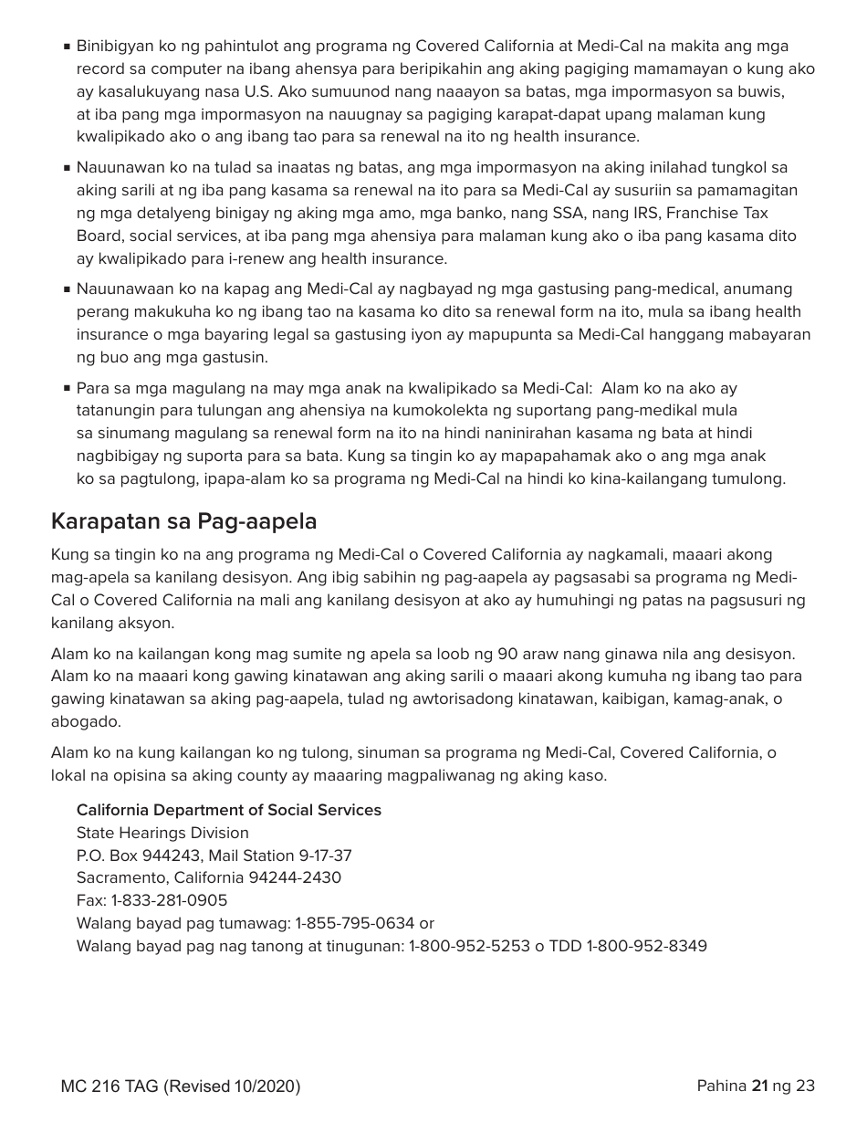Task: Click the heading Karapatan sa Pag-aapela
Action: [183, 522]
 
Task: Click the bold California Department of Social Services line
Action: [228, 811]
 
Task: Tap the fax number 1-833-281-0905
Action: [170, 901]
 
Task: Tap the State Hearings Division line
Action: [162, 834]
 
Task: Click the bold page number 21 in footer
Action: [759, 1086]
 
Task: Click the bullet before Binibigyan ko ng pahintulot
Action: [68, 47]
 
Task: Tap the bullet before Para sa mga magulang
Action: [68, 388]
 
